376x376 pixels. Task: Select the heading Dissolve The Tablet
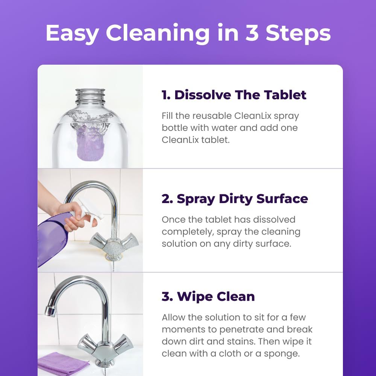tap(234, 95)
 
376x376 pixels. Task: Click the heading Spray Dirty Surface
tap(235, 199)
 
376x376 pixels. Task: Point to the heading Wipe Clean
tap(208, 296)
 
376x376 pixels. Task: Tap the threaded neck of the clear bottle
tap(90, 96)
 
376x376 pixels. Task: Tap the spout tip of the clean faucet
tap(49, 311)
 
